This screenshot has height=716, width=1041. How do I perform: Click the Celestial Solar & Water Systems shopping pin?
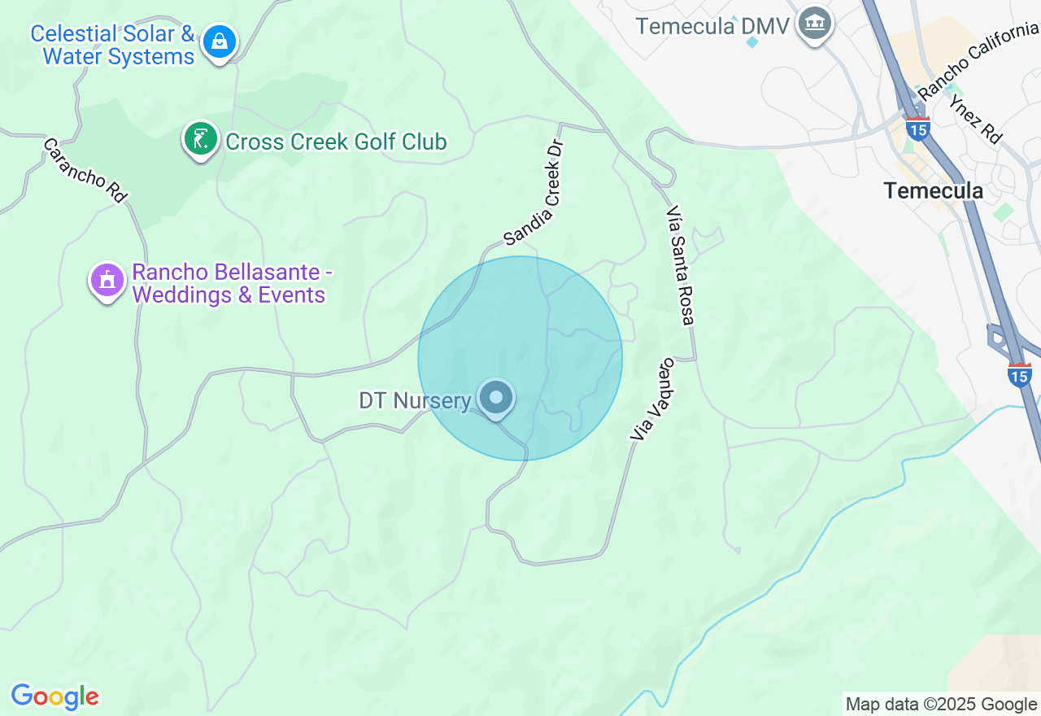(220, 40)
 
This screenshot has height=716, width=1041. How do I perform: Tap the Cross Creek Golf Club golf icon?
(200, 139)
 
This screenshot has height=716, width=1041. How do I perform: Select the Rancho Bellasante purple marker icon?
(107, 281)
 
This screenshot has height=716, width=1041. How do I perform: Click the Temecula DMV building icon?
(814, 24)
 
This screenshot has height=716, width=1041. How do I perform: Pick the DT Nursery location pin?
(495, 399)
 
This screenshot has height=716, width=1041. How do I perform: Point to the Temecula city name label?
(933, 191)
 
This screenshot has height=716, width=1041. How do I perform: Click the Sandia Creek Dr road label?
(534, 193)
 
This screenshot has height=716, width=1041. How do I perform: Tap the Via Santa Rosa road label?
(680, 265)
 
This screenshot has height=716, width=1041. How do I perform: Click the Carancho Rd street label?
(85, 170)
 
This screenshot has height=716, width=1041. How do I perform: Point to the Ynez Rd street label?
(974, 119)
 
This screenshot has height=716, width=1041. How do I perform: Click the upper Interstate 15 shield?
(918, 129)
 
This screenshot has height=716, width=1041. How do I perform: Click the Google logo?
(54, 696)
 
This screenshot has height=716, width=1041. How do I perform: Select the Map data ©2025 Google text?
(941, 704)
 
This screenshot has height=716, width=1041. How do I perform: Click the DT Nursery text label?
(415, 401)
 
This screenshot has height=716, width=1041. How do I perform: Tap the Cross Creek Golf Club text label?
(336, 142)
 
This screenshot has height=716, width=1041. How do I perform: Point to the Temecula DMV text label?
(712, 26)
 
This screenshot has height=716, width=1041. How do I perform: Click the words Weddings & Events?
(229, 295)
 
